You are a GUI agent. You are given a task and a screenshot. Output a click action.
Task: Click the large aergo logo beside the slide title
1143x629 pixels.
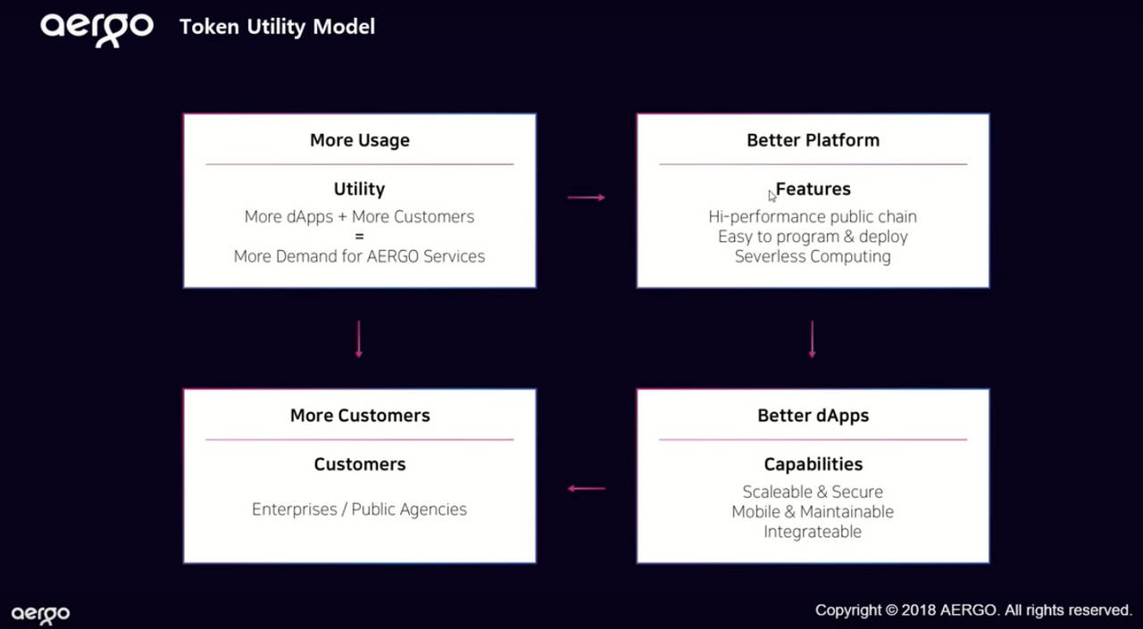(96, 29)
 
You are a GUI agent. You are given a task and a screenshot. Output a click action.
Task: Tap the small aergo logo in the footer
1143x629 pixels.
(40, 614)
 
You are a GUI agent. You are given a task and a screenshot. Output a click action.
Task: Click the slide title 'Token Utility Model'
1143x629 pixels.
(277, 27)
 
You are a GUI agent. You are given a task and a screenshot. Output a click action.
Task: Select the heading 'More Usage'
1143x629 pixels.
(360, 140)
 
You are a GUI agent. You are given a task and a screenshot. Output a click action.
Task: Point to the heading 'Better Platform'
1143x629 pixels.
(813, 140)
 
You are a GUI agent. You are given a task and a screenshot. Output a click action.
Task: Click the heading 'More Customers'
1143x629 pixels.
(360, 415)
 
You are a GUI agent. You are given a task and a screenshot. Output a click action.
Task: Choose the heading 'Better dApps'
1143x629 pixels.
(813, 415)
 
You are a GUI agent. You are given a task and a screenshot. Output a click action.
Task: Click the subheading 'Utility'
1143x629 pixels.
(359, 189)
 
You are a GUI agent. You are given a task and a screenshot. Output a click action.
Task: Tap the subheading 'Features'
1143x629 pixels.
(813, 189)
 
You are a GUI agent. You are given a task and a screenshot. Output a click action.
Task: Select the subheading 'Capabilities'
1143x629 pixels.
(813, 464)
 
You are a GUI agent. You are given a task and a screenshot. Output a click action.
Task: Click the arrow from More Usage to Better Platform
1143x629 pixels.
(587, 197)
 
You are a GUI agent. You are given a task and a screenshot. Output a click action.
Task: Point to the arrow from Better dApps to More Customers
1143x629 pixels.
(587, 489)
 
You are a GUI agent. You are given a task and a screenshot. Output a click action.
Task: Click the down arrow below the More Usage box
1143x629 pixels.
(359, 339)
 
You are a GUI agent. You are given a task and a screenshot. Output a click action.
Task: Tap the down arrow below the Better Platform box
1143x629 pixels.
(812, 339)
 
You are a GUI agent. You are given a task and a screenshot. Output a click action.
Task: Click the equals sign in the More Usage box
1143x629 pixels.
(359, 237)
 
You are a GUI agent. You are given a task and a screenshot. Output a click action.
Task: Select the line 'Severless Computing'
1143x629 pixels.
(813, 256)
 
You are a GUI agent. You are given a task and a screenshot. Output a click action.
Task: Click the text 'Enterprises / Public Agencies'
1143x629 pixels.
(359, 509)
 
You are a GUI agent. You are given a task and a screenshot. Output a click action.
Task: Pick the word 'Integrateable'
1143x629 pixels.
(813, 532)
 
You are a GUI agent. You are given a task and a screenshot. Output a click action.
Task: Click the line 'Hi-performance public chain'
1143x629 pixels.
(813, 217)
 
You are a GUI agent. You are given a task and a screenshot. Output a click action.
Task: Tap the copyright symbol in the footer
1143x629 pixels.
(891, 610)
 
